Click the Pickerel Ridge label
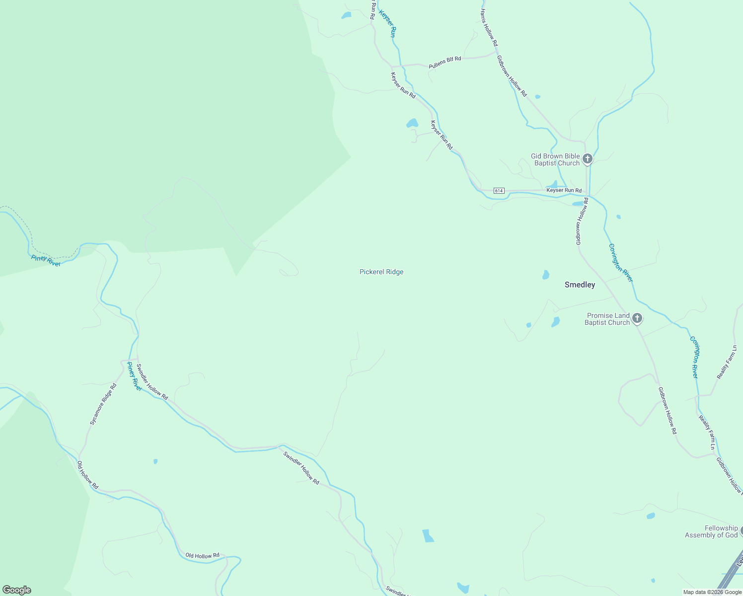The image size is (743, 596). pyautogui.click(x=381, y=272)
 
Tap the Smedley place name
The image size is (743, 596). pyautogui.click(x=580, y=285)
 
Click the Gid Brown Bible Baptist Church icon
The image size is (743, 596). pyautogui.click(x=588, y=159)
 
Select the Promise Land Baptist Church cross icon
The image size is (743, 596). pyautogui.click(x=637, y=318)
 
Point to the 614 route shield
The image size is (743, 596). pyautogui.click(x=499, y=191)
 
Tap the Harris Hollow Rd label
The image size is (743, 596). pyautogui.click(x=489, y=28)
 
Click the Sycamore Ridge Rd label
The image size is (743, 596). pyautogui.click(x=103, y=404)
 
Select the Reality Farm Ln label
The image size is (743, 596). pyautogui.click(x=727, y=363)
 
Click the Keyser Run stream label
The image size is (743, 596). pyautogui.click(x=387, y=24)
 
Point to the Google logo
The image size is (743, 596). pyautogui.click(x=16, y=590)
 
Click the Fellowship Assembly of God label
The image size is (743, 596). pyautogui.click(x=711, y=531)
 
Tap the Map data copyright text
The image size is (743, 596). pyautogui.click(x=712, y=592)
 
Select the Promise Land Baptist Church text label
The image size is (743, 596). pyautogui.click(x=608, y=319)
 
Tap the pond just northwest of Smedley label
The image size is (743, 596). pyautogui.click(x=546, y=275)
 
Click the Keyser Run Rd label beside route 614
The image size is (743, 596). pyautogui.click(x=564, y=190)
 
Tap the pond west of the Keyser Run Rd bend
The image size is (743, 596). pyautogui.click(x=412, y=123)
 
